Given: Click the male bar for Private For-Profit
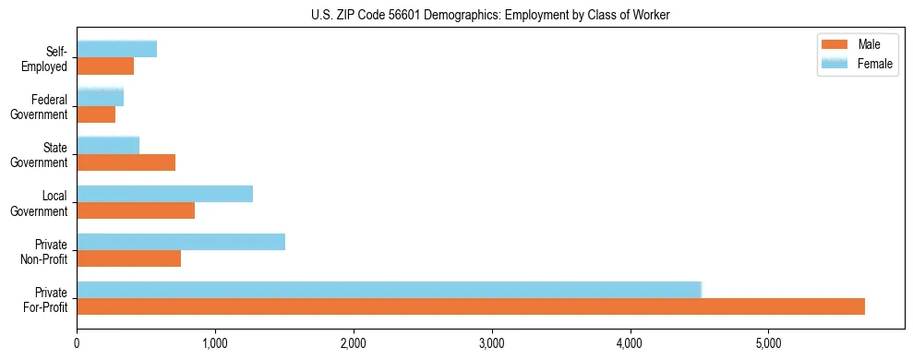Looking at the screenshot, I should pyautogui.click(x=471, y=306).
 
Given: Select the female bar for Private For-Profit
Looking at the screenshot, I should pyautogui.click(x=389, y=290).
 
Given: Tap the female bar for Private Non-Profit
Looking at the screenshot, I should pyautogui.click(x=181, y=242).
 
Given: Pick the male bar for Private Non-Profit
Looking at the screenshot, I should pyautogui.click(x=129, y=258).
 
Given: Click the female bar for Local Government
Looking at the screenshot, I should pyautogui.click(x=164, y=194).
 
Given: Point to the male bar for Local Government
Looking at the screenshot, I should pyautogui.click(x=136, y=210).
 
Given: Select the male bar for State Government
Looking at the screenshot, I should pyautogui.click(x=126, y=162).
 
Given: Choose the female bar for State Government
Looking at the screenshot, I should pyautogui.click(x=108, y=145).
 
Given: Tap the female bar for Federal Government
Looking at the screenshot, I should pyautogui.click(x=100, y=97).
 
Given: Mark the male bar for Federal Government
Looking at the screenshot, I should pyautogui.click(x=96, y=114).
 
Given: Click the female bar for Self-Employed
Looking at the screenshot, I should pyautogui.click(x=116, y=49).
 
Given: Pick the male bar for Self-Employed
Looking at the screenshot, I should pyautogui.click(x=105, y=66).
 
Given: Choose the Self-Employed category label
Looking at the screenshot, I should pyautogui.click(x=48, y=58).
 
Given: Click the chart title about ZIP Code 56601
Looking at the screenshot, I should pyautogui.click(x=491, y=14).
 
